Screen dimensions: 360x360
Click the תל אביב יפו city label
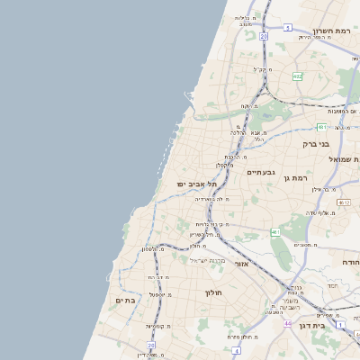coord(193,184)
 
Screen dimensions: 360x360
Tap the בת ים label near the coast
coord(124,300)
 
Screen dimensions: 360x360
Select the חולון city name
coord(213,292)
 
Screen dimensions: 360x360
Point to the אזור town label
coord(241,264)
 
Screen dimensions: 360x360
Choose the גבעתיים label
coord(260,171)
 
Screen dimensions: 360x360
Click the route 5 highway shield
coord(287,28)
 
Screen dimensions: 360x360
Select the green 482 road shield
coord(297,76)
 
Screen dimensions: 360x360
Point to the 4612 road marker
coord(343,203)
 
